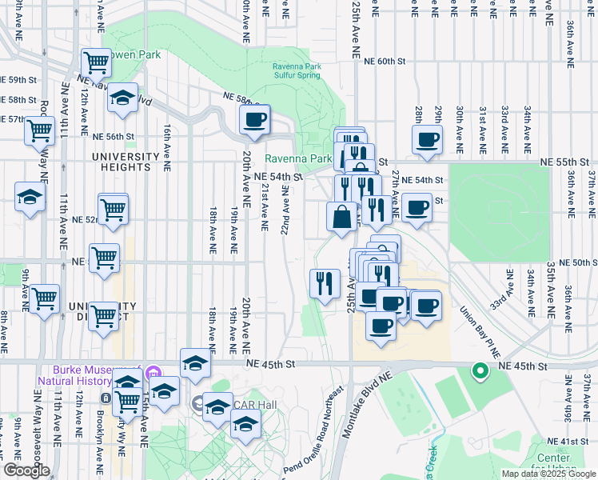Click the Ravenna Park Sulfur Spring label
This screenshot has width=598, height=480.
click(x=296, y=70)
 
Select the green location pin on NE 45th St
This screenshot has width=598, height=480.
click(x=480, y=371)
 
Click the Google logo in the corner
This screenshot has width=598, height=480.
click(x=26, y=470)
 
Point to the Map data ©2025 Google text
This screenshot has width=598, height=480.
click(x=548, y=474)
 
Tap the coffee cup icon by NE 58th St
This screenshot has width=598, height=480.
click(x=255, y=121)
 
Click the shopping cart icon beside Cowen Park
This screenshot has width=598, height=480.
click(x=96, y=61)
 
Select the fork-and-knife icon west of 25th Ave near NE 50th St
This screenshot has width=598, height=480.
click(x=325, y=282)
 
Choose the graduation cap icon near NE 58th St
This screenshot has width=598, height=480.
click(x=122, y=98)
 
